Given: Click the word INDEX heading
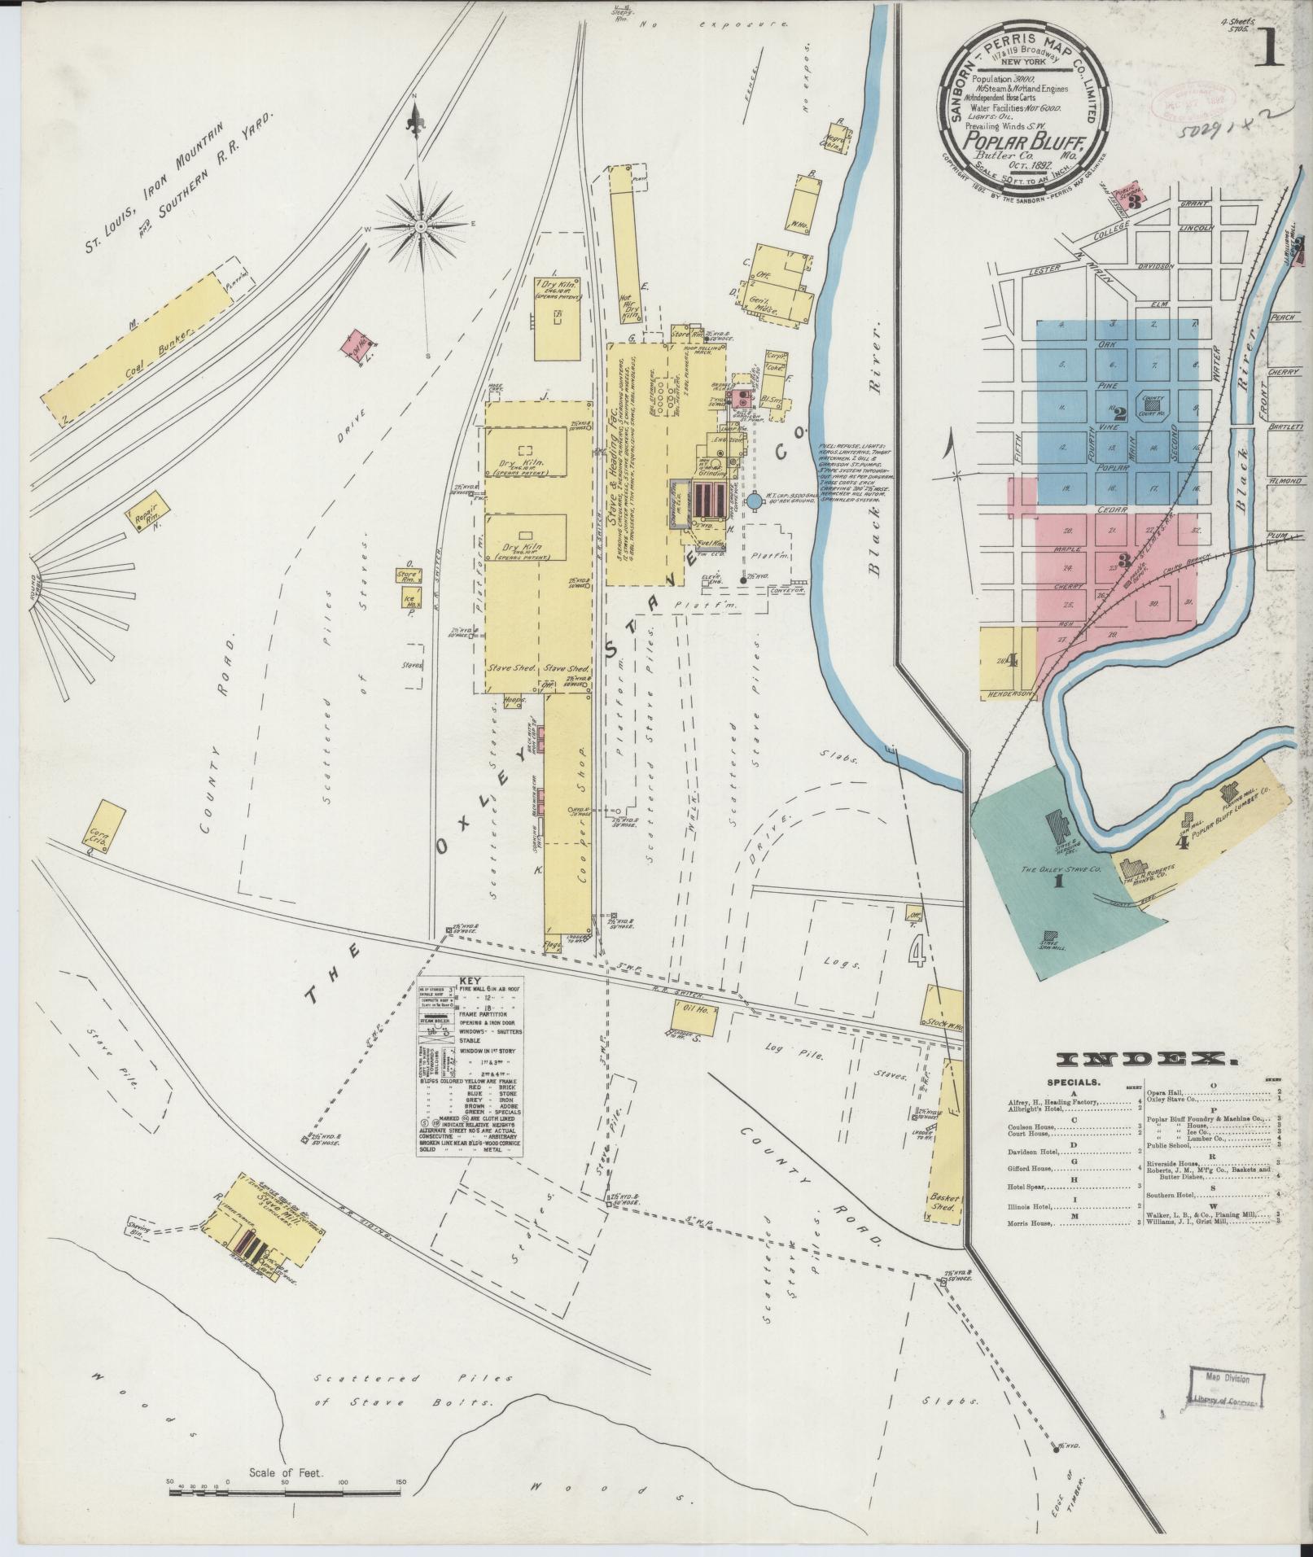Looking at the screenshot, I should pyautogui.click(x=1147, y=1059).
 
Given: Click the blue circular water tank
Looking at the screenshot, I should pyautogui.click(x=755, y=501).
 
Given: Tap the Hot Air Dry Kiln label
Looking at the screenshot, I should pyautogui.click(x=628, y=308).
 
